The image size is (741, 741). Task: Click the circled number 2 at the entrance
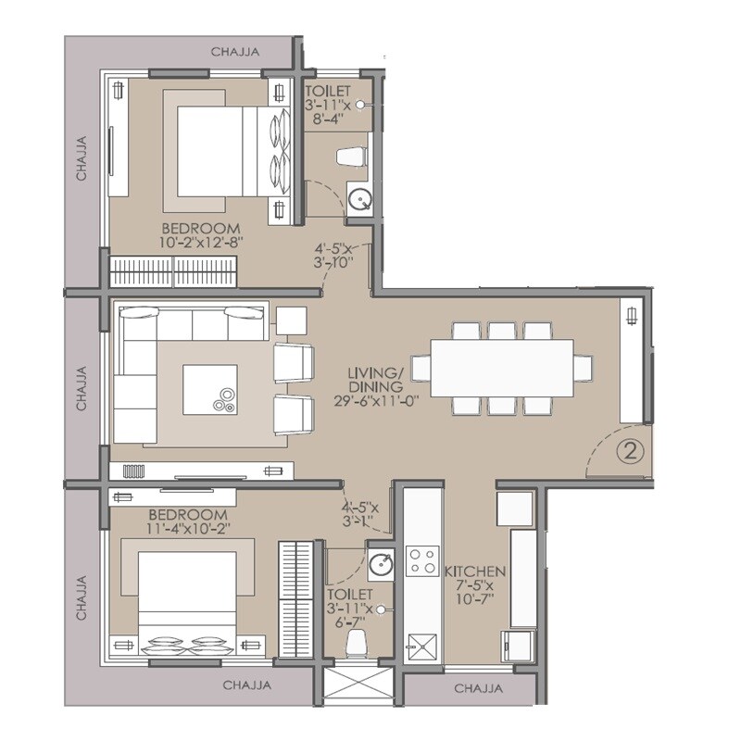tap(629, 452)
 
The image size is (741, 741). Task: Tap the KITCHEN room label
tap(475, 571)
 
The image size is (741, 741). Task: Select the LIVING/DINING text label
tap(374, 379)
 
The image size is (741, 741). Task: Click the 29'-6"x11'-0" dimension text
tap(374, 401)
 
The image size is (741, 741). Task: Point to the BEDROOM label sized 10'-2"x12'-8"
tap(201, 228)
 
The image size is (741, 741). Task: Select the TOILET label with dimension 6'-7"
tap(350, 594)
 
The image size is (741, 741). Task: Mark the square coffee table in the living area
tap(210, 389)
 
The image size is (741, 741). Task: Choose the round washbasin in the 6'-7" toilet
tap(380, 563)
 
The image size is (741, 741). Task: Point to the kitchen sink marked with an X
tap(422, 644)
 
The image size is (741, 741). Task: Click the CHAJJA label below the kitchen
tap(479, 689)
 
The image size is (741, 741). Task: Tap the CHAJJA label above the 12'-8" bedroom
tap(234, 52)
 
